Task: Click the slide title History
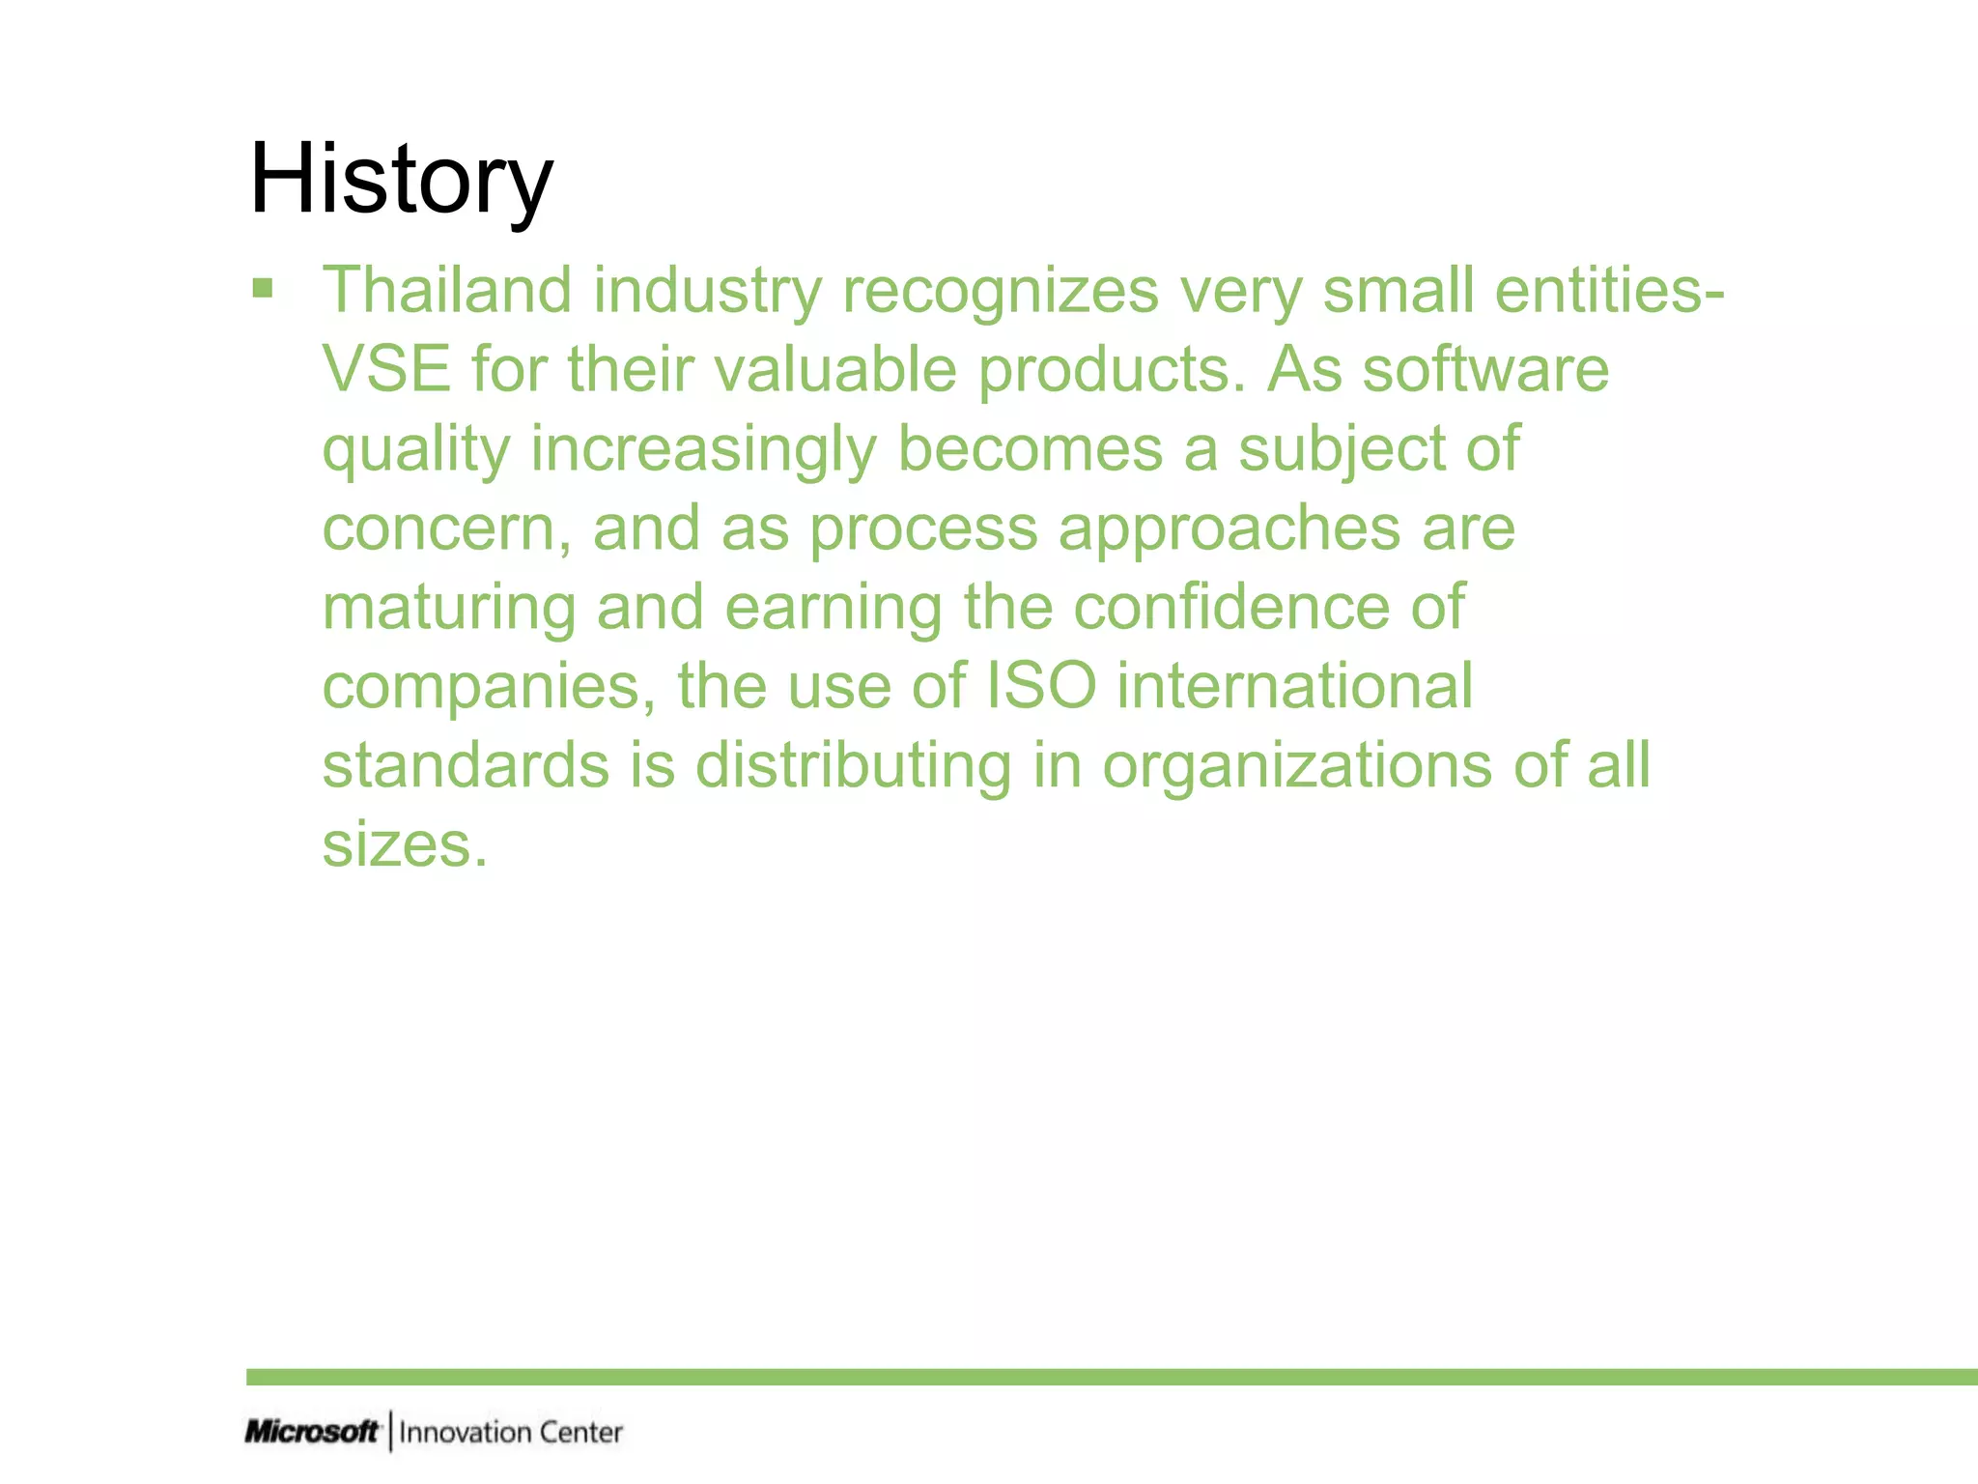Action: (401, 181)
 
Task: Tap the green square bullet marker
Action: (262, 288)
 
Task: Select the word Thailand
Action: (447, 290)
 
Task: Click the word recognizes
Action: (1000, 292)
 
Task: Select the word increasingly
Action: (703, 450)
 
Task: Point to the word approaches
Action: (1229, 529)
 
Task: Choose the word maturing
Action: (448, 609)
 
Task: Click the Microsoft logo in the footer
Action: (311, 1431)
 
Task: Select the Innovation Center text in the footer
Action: (511, 1432)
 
